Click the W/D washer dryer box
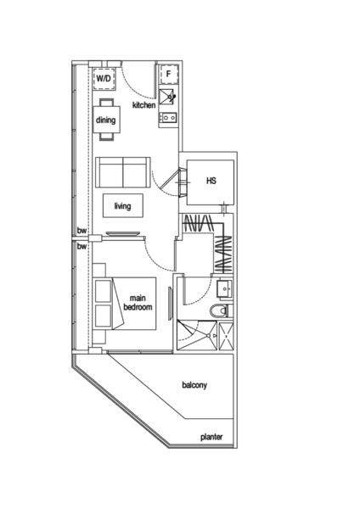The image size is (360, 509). [x=104, y=79]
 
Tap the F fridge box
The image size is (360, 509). [x=169, y=75]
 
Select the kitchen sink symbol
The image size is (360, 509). [x=167, y=97]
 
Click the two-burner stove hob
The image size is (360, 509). [x=168, y=117]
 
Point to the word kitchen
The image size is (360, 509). [x=144, y=105]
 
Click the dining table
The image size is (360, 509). [x=107, y=120]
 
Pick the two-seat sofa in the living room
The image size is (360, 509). [x=123, y=172]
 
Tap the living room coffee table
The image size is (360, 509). [x=123, y=206]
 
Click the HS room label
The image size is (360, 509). [x=211, y=181]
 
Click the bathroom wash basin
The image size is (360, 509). [x=224, y=289]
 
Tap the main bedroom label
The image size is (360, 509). [x=138, y=303]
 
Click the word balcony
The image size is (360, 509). [x=194, y=385]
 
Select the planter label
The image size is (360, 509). [x=211, y=437]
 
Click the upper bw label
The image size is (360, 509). [x=82, y=231]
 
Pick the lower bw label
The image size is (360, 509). [x=82, y=247]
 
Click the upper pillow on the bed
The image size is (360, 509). [x=104, y=290]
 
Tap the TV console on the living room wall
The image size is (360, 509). [x=123, y=233]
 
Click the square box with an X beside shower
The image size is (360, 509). [x=226, y=336]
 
